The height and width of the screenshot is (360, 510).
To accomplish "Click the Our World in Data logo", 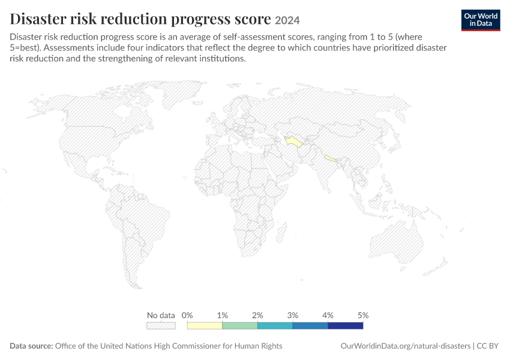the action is click(481, 20).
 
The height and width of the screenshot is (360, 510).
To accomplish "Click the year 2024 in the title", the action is click(287, 20).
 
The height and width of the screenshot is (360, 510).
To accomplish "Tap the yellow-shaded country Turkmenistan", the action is click(294, 142).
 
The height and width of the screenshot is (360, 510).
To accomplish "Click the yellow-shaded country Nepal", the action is click(330, 158).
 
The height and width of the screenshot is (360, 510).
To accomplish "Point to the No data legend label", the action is click(161, 315).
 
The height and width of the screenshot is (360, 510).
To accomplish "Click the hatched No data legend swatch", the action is click(161, 326).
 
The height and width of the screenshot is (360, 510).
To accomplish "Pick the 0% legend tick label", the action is click(187, 315).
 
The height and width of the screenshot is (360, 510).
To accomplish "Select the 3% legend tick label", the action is click(293, 315).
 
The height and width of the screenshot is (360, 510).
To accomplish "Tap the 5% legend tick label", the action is click(363, 315).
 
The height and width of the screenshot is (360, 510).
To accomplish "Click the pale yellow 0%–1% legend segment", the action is click(205, 326).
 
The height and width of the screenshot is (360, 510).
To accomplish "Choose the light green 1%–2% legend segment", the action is click(240, 326).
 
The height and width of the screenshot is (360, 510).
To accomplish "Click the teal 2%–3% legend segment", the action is click(275, 326).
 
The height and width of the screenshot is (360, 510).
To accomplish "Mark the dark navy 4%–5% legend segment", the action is click(346, 326).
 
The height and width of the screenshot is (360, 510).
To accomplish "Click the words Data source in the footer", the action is click(31, 346).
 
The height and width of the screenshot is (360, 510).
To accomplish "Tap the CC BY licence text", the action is click(487, 346).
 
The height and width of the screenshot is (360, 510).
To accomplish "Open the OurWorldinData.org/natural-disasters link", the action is click(405, 346).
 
